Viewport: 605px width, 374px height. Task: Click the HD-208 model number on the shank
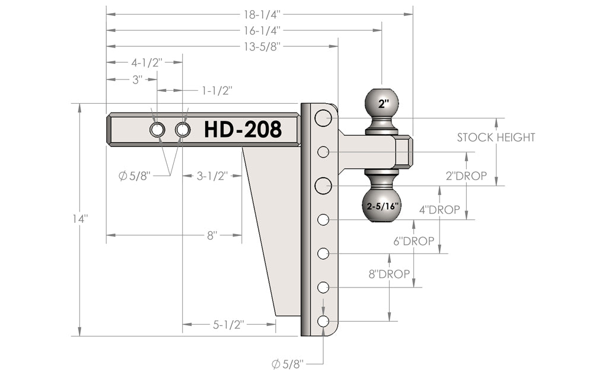tap(243, 129)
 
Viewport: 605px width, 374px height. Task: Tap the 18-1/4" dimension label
tap(259, 13)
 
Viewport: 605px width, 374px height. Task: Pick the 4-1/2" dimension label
tap(147, 62)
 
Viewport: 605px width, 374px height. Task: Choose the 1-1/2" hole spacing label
tap(216, 90)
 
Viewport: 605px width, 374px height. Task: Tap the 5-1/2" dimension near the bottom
tap(228, 324)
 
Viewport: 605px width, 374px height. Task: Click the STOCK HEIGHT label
tap(496, 138)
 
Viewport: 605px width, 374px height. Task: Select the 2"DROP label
tap(467, 176)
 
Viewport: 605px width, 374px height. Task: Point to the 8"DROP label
tap(389, 274)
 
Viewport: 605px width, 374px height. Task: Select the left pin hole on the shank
tap(158, 129)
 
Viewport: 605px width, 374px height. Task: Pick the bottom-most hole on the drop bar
tap(323, 321)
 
